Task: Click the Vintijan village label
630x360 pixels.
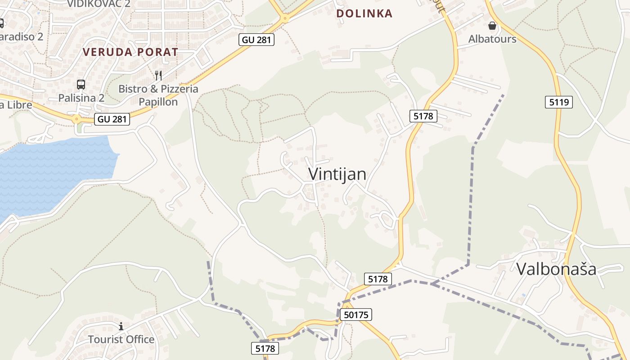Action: pyautogui.click(x=337, y=174)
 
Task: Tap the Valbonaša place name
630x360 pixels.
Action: pyautogui.click(x=556, y=269)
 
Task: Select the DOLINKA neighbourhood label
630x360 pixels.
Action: pyautogui.click(x=364, y=13)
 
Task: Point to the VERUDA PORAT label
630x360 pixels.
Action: pyautogui.click(x=130, y=52)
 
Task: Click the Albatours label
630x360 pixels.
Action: pyautogui.click(x=492, y=39)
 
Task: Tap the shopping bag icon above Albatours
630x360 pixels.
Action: pyautogui.click(x=492, y=26)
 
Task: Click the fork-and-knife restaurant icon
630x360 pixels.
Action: pyautogui.click(x=158, y=75)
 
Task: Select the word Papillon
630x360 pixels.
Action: pyautogui.click(x=158, y=102)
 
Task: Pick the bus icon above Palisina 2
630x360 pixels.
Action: pyautogui.click(x=81, y=84)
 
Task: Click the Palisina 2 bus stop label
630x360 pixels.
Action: pyautogui.click(x=81, y=98)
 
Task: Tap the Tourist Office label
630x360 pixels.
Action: pyautogui.click(x=121, y=339)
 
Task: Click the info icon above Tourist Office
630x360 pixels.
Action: pyautogui.click(x=121, y=326)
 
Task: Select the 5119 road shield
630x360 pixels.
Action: pyautogui.click(x=559, y=102)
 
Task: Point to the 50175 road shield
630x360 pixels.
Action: pyautogui.click(x=355, y=315)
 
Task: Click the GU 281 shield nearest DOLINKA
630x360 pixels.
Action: pyautogui.click(x=256, y=40)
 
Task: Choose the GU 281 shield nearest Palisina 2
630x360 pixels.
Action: pyautogui.click(x=112, y=119)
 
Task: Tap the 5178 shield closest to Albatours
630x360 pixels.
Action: pyautogui.click(x=423, y=116)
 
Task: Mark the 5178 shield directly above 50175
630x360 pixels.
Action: pyautogui.click(x=378, y=279)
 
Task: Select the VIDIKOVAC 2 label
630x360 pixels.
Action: pyautogui.click(x=99, y=4)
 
